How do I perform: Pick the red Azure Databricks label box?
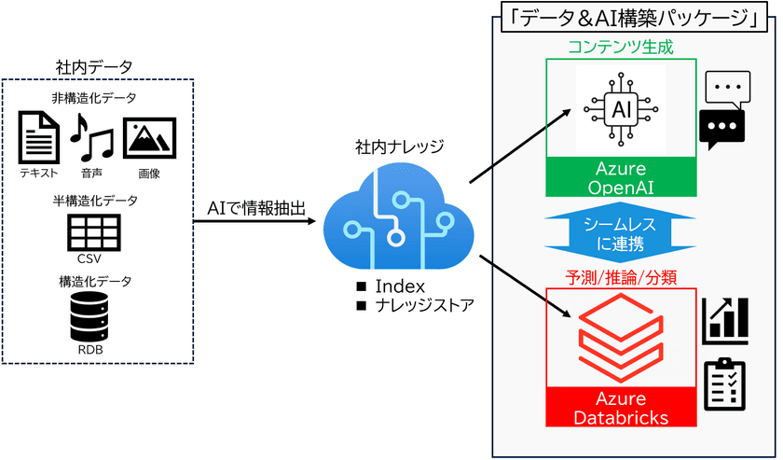coord(622,407)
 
